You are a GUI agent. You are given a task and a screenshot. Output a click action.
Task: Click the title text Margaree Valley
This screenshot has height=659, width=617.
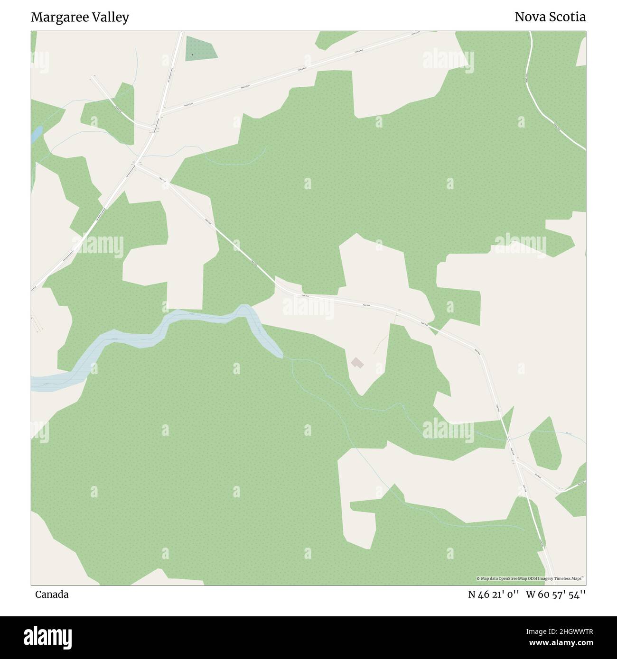pyautogui.click(x=80, y=18)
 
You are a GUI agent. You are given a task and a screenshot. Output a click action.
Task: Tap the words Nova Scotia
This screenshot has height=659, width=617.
pyautogui.click(x=550, y=17)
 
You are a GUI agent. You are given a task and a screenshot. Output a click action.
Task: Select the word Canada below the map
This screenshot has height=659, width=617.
pyautogui.click(x=52, y=594)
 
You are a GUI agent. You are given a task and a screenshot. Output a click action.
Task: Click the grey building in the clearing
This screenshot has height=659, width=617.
pyautogui.click(x=357, y=363)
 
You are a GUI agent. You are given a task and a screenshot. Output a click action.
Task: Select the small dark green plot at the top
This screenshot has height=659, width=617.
pyautogui.click(x=201, y=48)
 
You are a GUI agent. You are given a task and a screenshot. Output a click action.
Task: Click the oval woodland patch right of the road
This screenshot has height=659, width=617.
pyautogui.click(x=545, y=443)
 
